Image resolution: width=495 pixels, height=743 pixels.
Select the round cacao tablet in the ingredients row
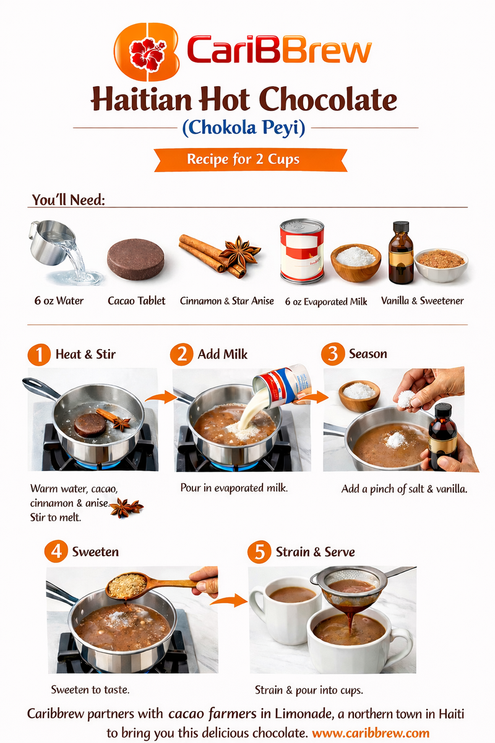(136, 259)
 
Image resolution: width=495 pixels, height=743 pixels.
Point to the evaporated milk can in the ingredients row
(301, 251)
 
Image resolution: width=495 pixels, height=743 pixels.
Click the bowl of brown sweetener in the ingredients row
(441, 264)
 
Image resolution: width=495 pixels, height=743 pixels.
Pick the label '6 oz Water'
(59, 301)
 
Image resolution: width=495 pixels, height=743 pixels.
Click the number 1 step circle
(38, 355)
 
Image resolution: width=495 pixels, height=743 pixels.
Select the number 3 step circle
(332, 355)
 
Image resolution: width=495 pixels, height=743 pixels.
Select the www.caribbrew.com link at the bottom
(370, 732)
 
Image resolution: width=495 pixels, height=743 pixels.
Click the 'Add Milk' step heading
(223, 355)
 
